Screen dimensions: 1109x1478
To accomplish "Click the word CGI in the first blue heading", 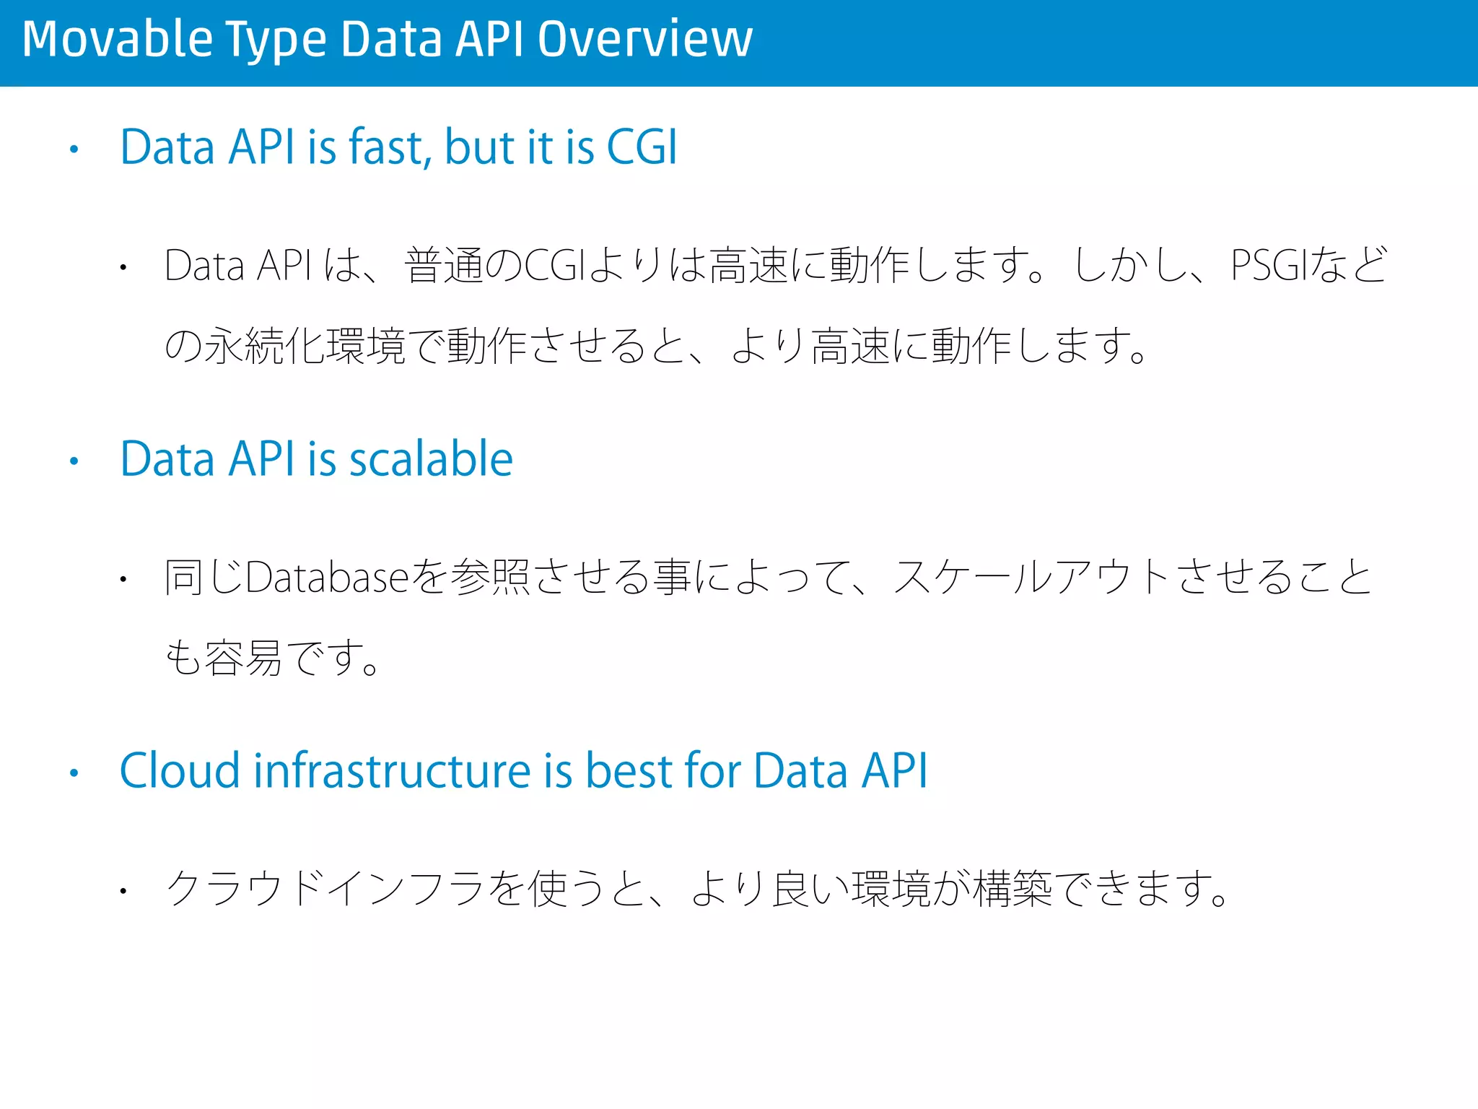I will [x=642, y=147].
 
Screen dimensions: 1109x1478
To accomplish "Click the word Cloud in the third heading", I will [x=179, y=770].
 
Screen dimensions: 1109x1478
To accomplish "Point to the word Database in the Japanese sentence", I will [x=327, y=577].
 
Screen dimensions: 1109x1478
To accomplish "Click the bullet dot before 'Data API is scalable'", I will [x=74, y=461].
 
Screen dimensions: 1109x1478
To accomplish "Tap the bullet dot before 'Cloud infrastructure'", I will [x=74, y=773].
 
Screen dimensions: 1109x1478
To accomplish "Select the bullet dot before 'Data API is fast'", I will [x=74, y=150].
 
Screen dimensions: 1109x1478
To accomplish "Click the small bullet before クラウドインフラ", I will [x=124, y=891].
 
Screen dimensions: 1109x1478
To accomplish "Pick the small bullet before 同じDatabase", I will [x=124, y=579].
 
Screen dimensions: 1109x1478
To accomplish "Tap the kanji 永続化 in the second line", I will [x=265, y=346].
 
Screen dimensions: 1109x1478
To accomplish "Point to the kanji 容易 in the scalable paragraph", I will [x=243, y=658].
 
